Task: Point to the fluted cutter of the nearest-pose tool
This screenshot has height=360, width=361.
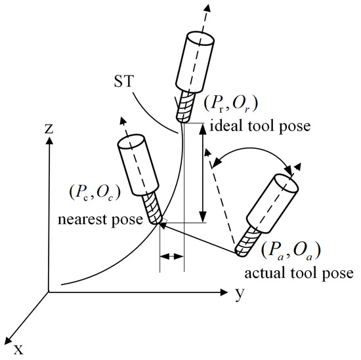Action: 154,209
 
